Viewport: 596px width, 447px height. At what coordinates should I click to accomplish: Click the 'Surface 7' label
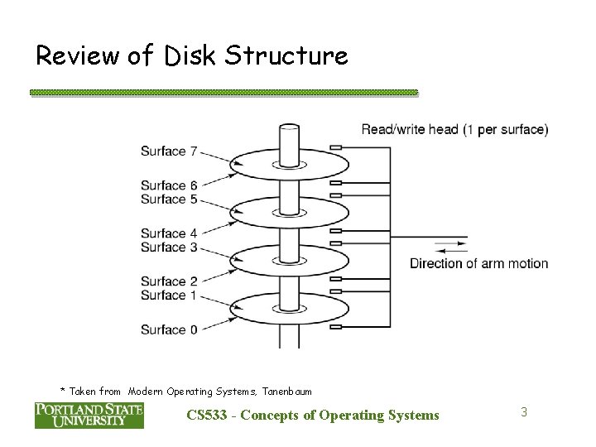(168, 151)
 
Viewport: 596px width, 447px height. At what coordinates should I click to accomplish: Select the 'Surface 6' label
(168, 185)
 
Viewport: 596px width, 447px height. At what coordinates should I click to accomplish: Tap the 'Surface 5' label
(168, 199)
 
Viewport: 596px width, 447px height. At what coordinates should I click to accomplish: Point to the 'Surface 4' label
(168, 233)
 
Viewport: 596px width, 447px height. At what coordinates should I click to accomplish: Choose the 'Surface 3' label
(168, 247)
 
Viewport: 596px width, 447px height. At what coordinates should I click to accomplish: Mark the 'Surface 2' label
(168, 281)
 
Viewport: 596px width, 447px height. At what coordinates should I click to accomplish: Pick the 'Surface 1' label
(168, 295)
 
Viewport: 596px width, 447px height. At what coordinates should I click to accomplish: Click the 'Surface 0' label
(168, 329)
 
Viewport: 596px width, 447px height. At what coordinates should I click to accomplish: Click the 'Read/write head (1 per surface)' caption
(454, 129)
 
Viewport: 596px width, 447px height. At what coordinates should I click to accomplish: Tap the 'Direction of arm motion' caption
(478, 263)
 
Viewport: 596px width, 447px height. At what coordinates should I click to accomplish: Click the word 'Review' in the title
(79, 56)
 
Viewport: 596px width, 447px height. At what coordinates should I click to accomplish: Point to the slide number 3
(523, 411)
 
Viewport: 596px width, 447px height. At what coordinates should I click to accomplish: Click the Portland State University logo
(89, 415)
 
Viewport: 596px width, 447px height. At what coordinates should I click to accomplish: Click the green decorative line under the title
(223, 93)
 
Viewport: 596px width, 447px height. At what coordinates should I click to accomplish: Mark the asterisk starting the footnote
(63, 389)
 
